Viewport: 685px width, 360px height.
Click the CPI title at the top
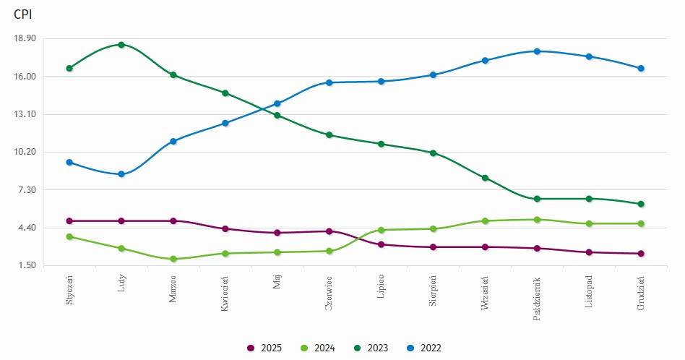[22, 14]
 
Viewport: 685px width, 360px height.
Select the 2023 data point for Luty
[121, 45]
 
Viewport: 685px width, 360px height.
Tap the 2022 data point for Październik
[537, 51]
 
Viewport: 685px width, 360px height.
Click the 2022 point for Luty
[121, 174]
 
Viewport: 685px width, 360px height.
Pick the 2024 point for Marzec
[173, 259]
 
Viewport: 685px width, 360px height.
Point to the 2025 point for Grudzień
[641, 254]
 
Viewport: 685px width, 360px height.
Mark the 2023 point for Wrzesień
[485, 178]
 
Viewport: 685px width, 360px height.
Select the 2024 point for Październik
[537, 220]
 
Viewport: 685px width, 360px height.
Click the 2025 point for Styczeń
[69, 221]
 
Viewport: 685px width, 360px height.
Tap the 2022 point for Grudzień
[641, 69]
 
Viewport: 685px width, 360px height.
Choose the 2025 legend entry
[266, 348]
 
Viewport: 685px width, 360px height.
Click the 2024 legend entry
[319, 348]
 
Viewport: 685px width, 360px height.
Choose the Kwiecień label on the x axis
[225, 292]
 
